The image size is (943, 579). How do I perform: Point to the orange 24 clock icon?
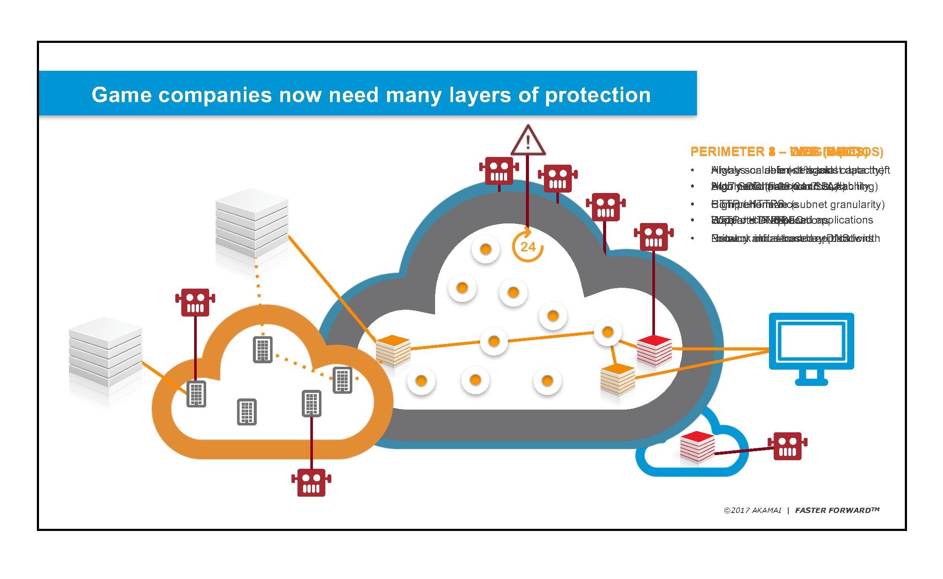528,246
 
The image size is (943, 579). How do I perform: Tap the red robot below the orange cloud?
311,482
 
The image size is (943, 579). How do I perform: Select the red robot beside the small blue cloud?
787,446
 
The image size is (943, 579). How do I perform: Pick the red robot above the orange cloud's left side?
195,302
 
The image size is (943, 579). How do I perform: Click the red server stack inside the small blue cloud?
697,448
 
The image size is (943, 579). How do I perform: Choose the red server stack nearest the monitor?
654,350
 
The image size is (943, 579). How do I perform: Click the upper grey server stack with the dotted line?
252,223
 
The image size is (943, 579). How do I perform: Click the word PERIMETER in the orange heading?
727,152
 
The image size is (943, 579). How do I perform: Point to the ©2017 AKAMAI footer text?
752,510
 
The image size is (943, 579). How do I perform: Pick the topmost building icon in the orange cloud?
263,350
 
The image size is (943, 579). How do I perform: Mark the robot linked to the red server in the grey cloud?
653,237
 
